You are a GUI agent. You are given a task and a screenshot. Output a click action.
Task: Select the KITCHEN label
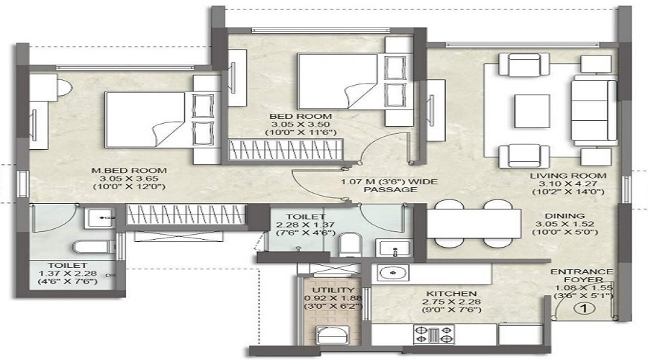coord(451,294)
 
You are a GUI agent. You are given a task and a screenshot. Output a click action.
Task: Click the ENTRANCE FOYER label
coord(582,276)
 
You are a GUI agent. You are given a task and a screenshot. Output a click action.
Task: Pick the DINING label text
coord(565,216)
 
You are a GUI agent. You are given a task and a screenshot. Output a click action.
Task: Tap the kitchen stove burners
coord(433,333)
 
